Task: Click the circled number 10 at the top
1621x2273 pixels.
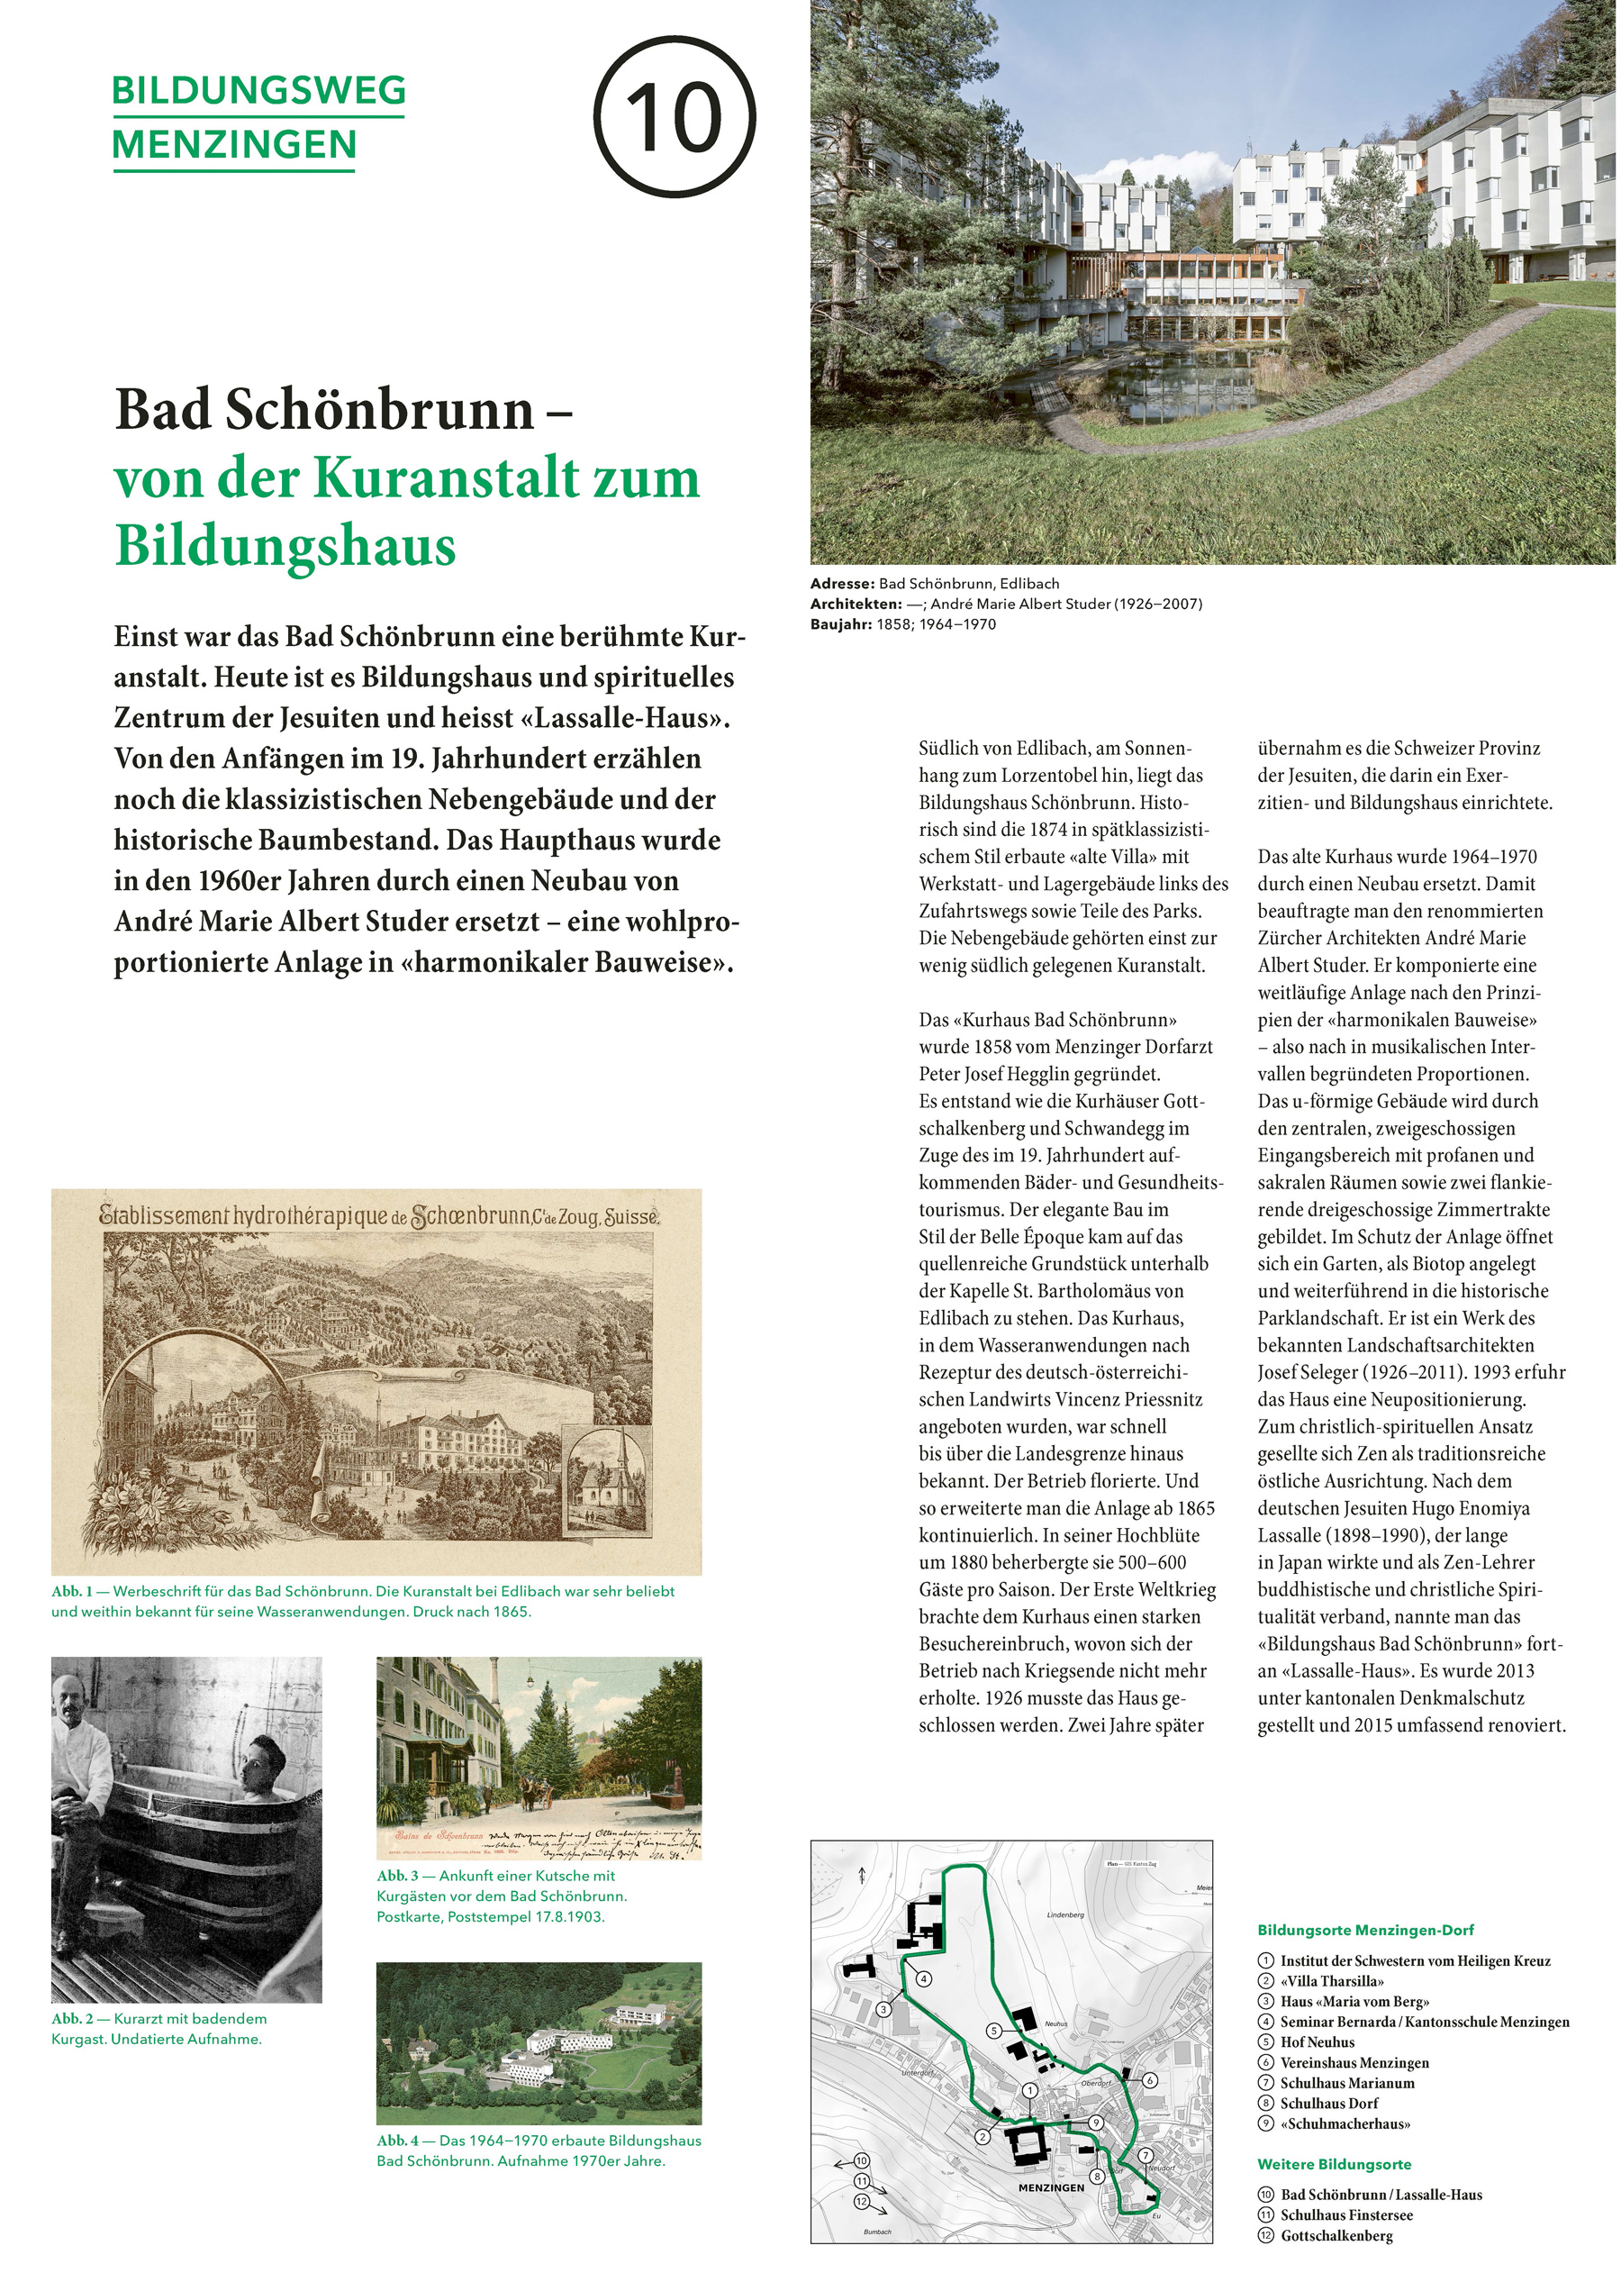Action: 675,116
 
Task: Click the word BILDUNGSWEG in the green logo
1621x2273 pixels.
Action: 258,91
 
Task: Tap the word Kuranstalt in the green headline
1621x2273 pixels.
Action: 448,478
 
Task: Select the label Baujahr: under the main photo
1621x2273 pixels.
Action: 840,624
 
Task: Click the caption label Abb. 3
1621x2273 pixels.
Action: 397,1876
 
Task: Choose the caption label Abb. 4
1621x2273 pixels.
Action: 397,2141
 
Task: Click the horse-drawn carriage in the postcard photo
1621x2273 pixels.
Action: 534,1792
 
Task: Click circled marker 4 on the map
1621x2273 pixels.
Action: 924,1978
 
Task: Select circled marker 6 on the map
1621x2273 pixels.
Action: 1150,2080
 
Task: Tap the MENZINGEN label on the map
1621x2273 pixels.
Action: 1051,2187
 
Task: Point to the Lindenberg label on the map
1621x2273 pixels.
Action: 1065,1914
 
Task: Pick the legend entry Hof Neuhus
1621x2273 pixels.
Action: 1317,2042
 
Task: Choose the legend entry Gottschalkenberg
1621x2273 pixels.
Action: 1336,2235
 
